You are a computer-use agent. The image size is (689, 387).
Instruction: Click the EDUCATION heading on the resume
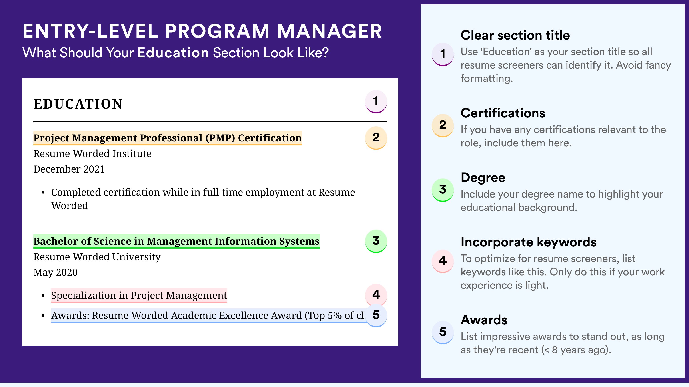(x=78, y=104)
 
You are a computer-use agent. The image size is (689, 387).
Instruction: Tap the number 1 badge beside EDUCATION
(x=376, y=101)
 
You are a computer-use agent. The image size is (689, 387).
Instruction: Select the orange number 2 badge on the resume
(x=376, y=138)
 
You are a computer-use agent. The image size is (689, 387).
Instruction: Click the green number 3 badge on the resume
(x=376, y=241)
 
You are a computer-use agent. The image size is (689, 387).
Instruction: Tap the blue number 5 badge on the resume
(x=376, y=315)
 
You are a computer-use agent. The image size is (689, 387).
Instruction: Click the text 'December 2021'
(x=69, y=169)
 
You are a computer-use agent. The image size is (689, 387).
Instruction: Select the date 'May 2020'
(x=55, y=273)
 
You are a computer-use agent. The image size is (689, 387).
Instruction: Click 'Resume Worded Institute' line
(x=92, y=154)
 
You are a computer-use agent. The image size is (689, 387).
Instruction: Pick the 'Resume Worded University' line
(x=97, y=257)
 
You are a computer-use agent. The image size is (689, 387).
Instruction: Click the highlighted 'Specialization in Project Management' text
(x=139, y=295)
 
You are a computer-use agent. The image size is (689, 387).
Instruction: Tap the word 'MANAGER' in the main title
(x=329, y=31)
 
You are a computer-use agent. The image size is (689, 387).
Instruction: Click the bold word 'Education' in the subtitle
(x=173, y=53)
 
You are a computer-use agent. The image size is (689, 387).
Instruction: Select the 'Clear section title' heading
(x=515, y=35)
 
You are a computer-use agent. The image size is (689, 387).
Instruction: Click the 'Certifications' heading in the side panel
(x=503, y=113)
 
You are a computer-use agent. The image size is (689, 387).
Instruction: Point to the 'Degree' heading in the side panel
(x=483, y=177)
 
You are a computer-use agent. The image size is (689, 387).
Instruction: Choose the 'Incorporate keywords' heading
(x=529, y=242)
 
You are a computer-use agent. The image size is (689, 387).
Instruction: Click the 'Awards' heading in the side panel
(x=484, y=320)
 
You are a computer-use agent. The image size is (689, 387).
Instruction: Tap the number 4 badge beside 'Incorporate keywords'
(x=443, y=261)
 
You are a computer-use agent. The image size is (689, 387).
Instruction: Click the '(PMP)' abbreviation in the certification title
(x=220, y=138)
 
